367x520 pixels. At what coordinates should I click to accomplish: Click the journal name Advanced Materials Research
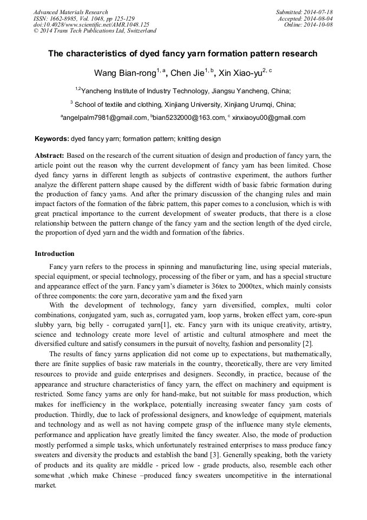[x=70, y=12]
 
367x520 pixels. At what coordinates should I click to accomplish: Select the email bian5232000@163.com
[x=189, y=118]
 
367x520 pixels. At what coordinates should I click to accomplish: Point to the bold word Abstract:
[x=49, y=155]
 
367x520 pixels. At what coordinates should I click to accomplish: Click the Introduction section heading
[x=55, y=253]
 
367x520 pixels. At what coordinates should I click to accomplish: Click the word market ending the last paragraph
[x=45, y=486]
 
